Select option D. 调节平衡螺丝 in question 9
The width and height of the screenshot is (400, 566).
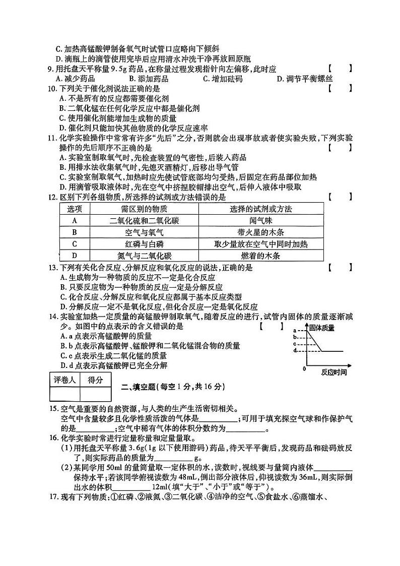(305, 79)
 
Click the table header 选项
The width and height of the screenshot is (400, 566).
(75, 209)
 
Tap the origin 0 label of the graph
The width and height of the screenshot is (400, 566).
(304, 369)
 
